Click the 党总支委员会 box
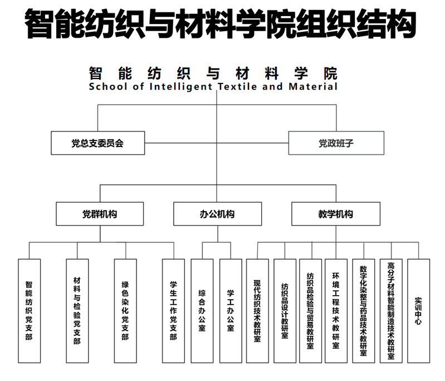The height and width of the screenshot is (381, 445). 98,143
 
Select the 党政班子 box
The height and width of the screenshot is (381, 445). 336,143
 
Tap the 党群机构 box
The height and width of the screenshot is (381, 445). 100,214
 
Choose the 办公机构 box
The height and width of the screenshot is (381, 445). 218,214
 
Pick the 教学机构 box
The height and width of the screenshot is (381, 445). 336,214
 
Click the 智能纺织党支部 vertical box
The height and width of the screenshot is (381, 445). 29,311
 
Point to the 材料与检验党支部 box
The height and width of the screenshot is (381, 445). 77,311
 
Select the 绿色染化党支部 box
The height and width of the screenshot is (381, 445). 125,311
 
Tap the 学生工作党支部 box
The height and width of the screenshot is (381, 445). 173,311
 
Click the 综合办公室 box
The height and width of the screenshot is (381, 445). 202,311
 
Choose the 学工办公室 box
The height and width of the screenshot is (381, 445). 231,311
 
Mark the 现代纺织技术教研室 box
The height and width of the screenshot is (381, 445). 257,311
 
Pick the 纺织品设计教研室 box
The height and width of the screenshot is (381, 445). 285,311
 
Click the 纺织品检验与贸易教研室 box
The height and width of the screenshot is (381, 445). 310,311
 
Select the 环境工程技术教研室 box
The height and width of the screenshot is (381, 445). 336,311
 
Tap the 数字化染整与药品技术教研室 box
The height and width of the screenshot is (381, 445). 364,311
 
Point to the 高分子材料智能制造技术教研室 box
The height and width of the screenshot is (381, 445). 391,311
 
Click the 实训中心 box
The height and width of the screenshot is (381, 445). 419,311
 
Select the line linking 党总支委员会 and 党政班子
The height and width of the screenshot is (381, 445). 217,143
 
